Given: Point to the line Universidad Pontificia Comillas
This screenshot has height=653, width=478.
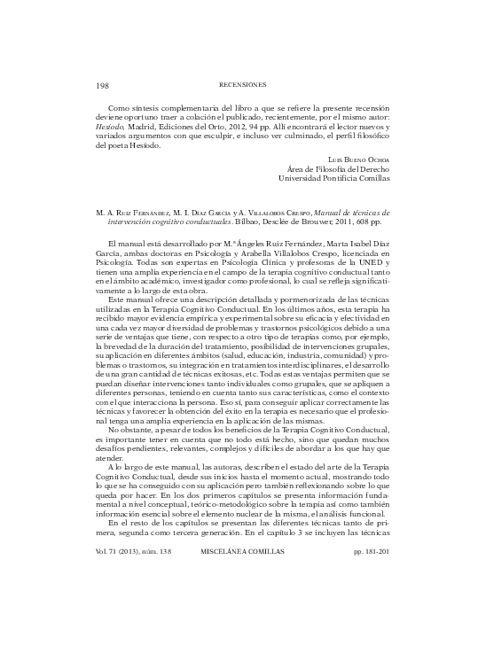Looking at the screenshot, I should tap(333, 177).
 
